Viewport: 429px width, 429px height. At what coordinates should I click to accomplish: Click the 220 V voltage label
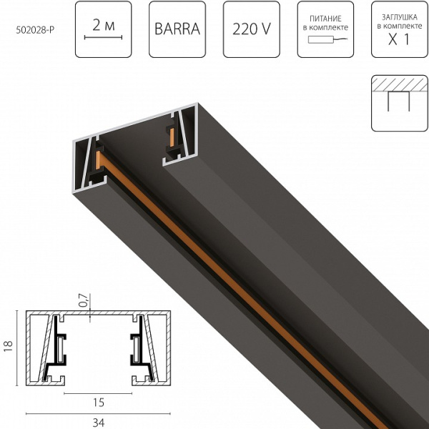[250, 31]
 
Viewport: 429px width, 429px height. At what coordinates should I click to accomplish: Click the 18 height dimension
[8, 346]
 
